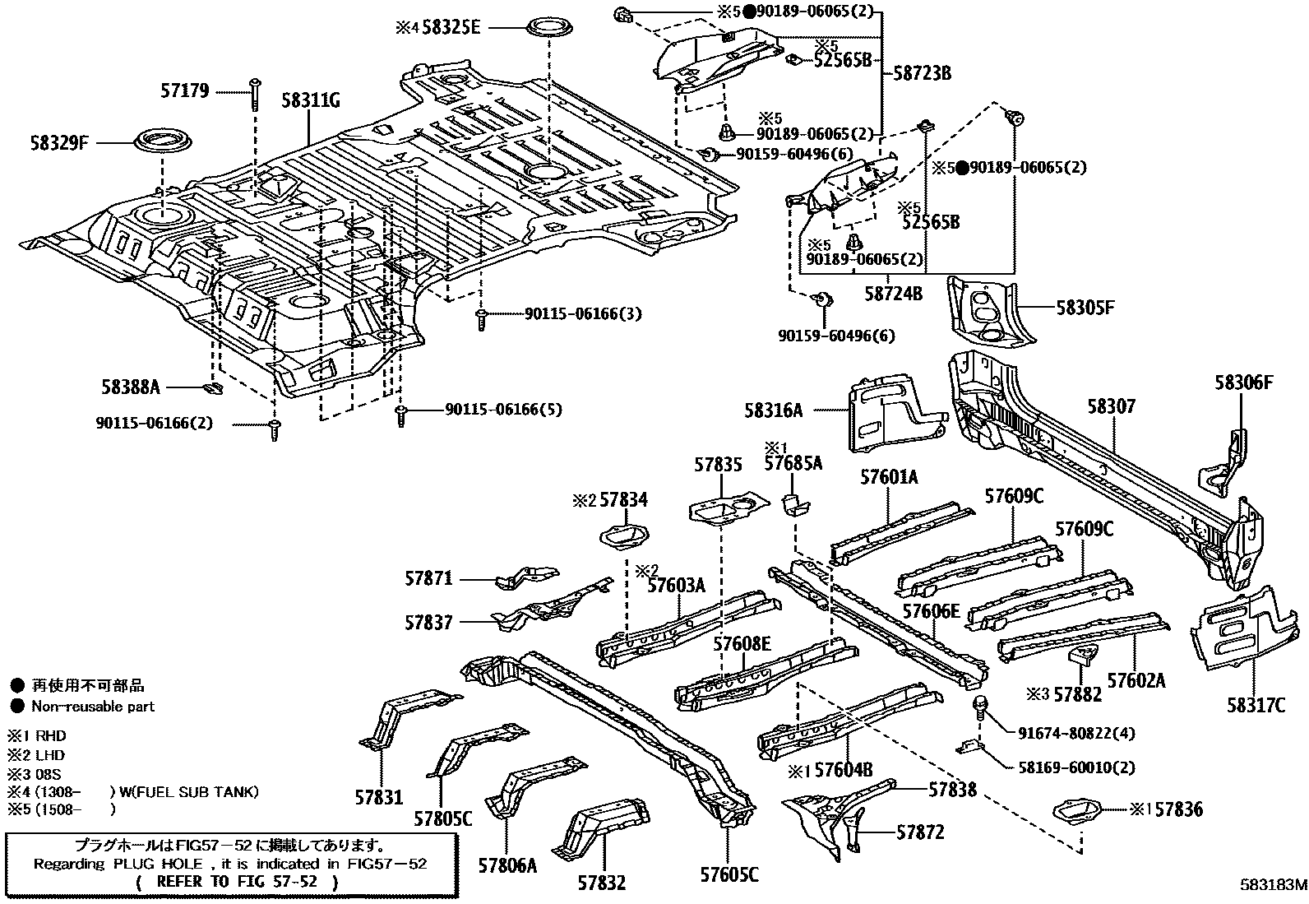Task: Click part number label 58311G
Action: point(310,102)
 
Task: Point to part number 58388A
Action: point(131,387)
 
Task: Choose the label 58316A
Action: point(774,410)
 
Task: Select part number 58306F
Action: point(1244,382)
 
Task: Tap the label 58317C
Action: point(1256,704)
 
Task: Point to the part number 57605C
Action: point(729,874)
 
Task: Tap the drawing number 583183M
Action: point(1273,885)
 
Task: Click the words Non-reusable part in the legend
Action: point(93,706)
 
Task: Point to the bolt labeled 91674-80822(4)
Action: point(980,705)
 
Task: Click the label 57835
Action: point(717,465)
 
